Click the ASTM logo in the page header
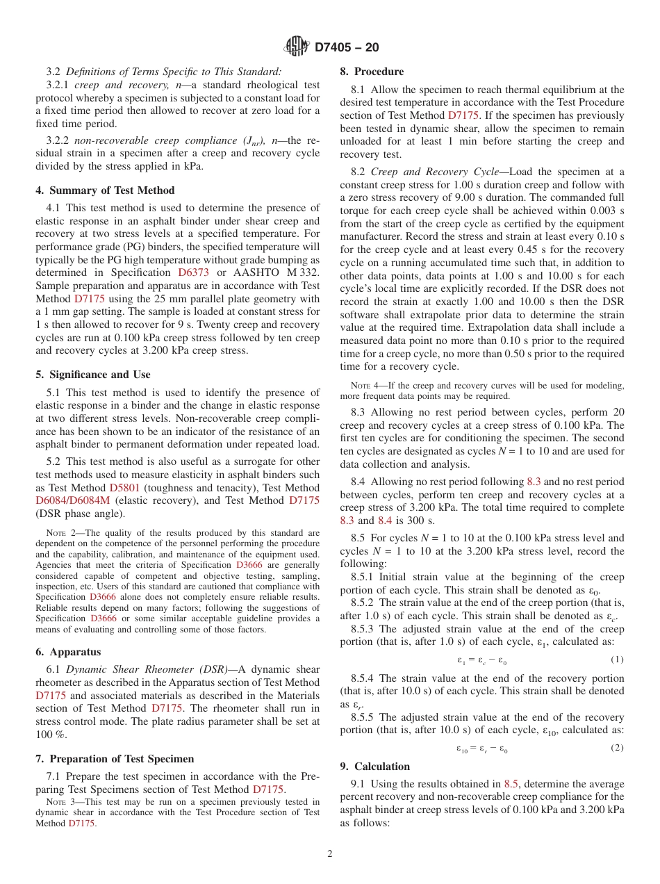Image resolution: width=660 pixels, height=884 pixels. pos(296,47)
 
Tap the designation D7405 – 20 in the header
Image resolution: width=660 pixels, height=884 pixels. pos(347,47)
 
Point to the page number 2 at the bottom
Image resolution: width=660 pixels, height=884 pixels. pos(330,854)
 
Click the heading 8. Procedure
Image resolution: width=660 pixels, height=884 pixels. pos(371,72)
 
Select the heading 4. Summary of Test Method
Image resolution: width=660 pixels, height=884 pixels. pos(105,190)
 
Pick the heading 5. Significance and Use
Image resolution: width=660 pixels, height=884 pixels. pos(93,375)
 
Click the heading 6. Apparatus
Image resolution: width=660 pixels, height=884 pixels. pos(68,652)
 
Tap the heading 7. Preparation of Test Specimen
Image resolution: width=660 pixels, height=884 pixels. pos(115,758)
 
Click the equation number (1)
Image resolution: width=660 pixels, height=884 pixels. pos(617,660)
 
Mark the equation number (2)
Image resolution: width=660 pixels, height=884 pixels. pos(617,748)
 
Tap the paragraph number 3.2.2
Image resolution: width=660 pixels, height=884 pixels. pos(58,141)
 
